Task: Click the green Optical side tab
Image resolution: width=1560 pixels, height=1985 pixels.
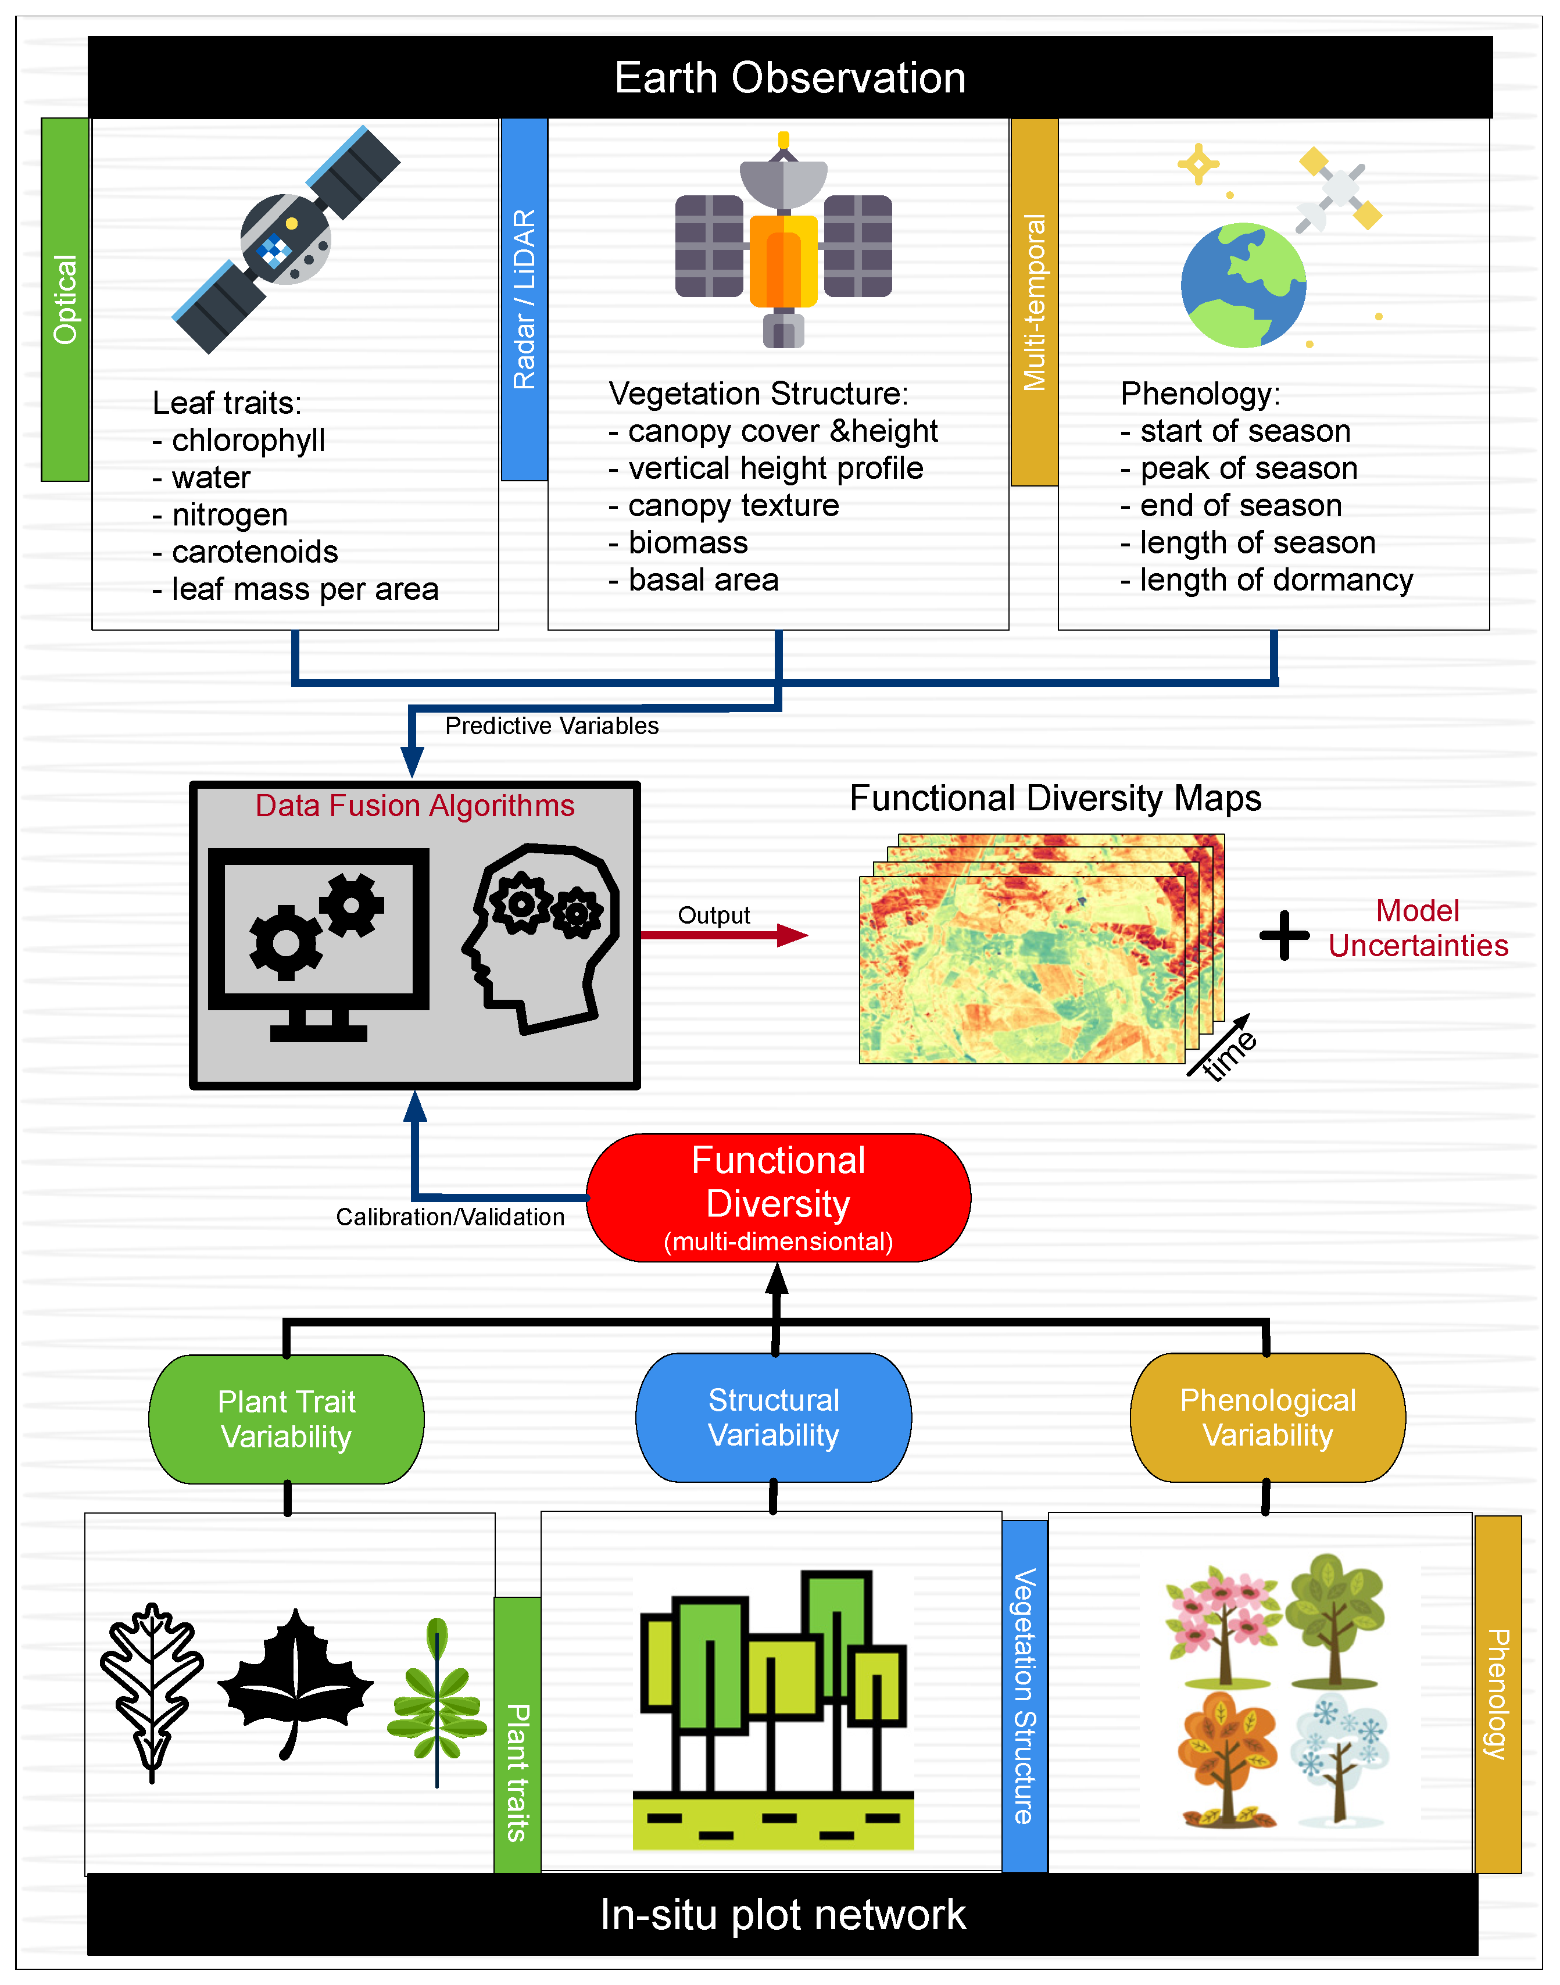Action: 65,299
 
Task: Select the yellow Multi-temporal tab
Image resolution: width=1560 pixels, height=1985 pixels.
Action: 1034,302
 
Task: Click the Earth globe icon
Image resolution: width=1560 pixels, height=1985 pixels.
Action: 1243,285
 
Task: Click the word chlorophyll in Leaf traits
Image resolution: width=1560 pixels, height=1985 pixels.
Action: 248,440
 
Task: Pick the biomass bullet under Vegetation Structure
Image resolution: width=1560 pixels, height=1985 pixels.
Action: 687,543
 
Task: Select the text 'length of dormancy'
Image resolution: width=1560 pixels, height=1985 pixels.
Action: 1275,580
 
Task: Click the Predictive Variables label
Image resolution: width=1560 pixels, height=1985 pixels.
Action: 551,725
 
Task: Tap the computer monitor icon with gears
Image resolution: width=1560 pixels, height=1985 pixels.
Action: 319,941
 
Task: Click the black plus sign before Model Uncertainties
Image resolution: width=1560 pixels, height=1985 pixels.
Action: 1284,935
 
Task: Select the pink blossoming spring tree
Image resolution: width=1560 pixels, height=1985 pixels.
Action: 1222,1622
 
